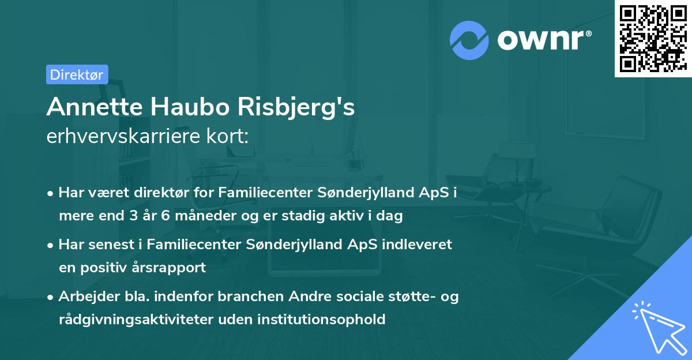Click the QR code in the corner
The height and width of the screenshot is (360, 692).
[653, 38]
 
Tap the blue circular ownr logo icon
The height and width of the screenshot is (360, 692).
[469, 39]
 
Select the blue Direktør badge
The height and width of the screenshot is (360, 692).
[77, 74]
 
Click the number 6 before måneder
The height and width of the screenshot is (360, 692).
[166, 216]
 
